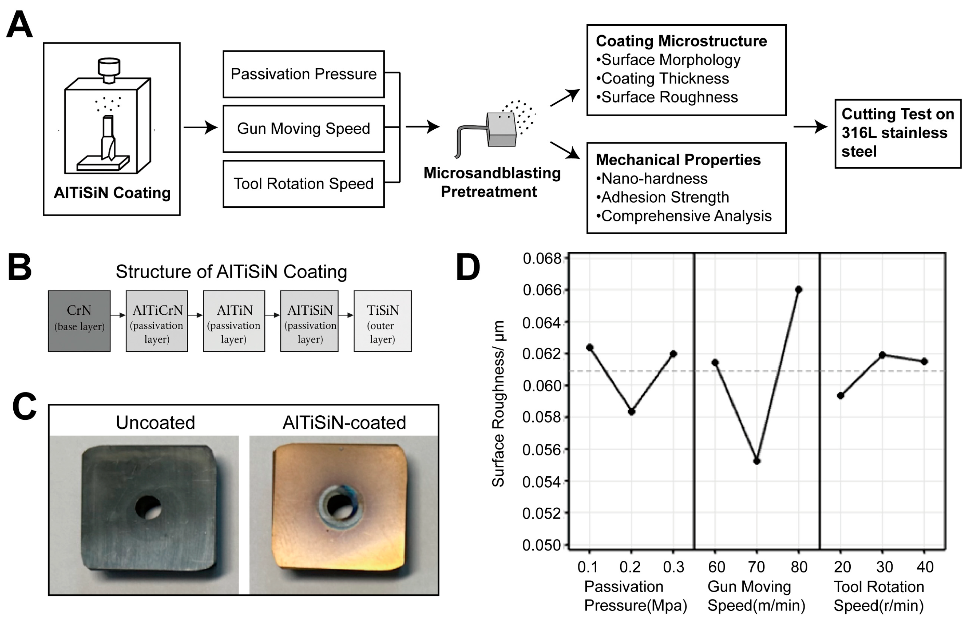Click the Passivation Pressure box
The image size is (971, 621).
(x=303, y=74)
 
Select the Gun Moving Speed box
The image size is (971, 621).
(x=303, y=129)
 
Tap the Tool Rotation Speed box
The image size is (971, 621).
(x=303, y=184)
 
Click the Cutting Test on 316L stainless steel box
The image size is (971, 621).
(x=897, y=133)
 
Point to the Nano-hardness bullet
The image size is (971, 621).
(x=654, y=178)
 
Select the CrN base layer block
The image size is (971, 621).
(x=79, y=321)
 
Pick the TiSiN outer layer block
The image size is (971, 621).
(x=382, y=321)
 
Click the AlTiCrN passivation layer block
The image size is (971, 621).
(x=157, y=321)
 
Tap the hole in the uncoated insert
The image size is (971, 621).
(x=148, y=507)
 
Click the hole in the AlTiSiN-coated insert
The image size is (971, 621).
(x=339, y=506)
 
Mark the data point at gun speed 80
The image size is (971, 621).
(x=798, y=289)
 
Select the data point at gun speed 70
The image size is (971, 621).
(x=757, y=461)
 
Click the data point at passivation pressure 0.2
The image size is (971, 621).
(x=631, y=412)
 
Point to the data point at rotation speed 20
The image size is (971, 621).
(x=841, y=396)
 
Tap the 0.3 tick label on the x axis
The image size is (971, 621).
(x=674, y=567)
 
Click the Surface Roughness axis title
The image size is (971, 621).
(x=498, y=403)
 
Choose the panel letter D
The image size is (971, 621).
(x=468, y=267)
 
